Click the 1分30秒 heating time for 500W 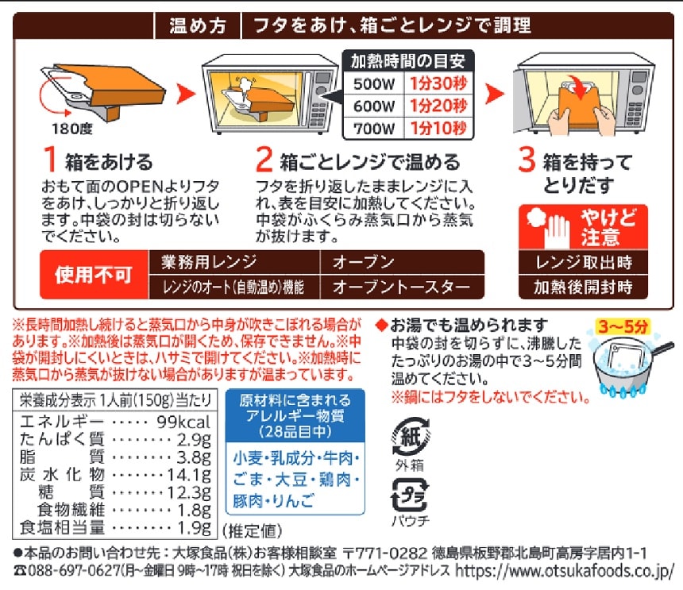coord(438,83)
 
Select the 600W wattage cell coord(374,106)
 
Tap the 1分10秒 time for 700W coord(438,128)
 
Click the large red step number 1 coord(50,160)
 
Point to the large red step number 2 coord(264,160)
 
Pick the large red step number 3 coord(527,160)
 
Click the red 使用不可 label coord(94,275)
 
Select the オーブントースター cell coord(402,287)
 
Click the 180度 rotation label coord(71,129)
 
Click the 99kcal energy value coord(183,422)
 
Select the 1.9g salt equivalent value coord(195,528)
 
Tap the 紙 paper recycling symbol coord(411,436)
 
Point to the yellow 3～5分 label coord(623,326)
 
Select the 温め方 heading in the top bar coord(198,25)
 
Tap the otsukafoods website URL coord(565,571)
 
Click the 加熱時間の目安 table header coord(408,61)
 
